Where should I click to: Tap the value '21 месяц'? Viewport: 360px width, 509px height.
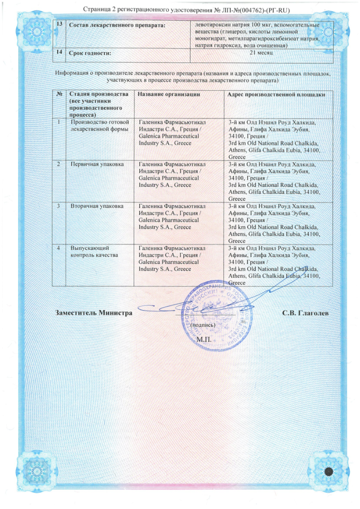(261, 53)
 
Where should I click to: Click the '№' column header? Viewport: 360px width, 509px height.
(59, 94)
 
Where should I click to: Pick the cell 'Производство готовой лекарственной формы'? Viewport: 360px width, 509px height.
(98, 125)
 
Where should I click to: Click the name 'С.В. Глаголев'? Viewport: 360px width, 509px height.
(306, 313)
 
